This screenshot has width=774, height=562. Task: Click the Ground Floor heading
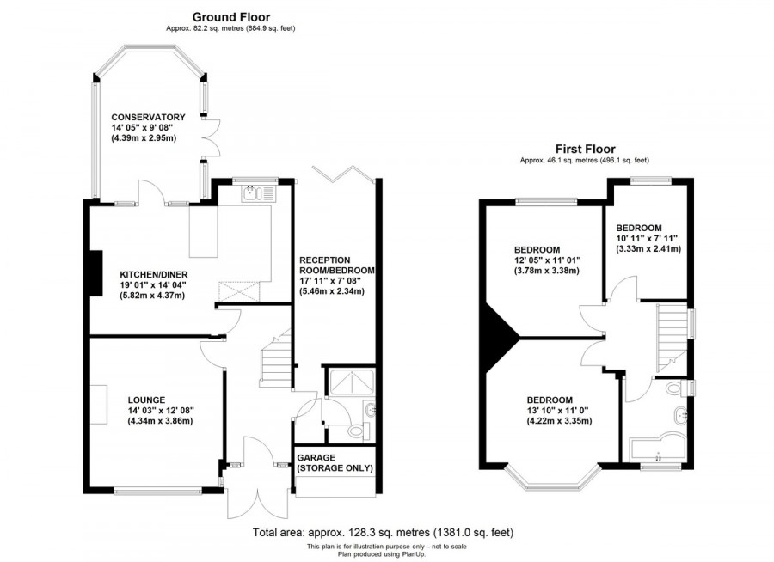[230, 16]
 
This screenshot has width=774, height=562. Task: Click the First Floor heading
[584, 149]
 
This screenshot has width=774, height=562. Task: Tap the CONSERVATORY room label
[148, 117]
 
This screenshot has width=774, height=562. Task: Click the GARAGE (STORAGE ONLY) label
[335, 463]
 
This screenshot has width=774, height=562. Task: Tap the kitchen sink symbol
[255, 192]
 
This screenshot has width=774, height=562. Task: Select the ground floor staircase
[275, 359]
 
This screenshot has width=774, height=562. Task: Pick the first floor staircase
[672, 334]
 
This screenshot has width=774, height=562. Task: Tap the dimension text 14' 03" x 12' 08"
[160, 411]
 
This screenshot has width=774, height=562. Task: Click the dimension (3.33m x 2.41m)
[648, 249]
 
